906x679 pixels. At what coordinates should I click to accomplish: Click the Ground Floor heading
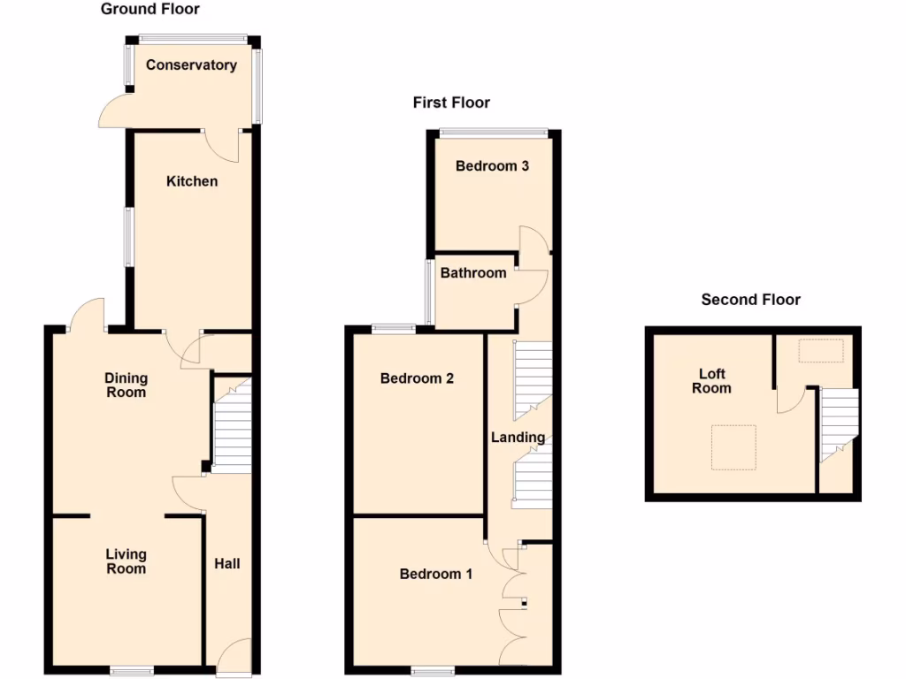(x=150, y=10)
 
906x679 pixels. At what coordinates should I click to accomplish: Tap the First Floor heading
(x=451, y=103)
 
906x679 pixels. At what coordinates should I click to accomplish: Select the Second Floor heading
(x=750, y=300)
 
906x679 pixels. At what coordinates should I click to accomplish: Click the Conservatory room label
(x=191, y=65)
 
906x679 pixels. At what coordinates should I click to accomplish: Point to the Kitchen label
(x=192, y=181)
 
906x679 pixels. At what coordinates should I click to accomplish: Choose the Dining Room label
(x=127, y=385)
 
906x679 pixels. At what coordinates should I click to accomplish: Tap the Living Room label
(x=127, y=561)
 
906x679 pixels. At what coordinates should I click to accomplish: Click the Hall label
(x=227, y=563)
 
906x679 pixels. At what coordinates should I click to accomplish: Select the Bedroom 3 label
(x=492, y=166)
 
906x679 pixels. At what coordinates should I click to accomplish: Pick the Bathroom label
(x=473, y=273)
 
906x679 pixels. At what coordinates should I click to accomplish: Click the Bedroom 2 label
(x=417, y=378)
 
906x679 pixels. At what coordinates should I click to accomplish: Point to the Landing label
(x=518, y=438)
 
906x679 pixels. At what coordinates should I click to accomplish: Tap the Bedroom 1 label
(x=436, y=574)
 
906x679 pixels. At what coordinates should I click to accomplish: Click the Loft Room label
(x=711, y=381)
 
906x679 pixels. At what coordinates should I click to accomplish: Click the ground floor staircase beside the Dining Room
(x=234, y=424)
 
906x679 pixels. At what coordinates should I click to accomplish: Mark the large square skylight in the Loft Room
(x=734, y=447)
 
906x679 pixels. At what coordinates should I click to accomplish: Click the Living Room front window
(x=130, y=671)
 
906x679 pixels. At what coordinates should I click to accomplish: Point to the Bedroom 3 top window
(x=494, y=133)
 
